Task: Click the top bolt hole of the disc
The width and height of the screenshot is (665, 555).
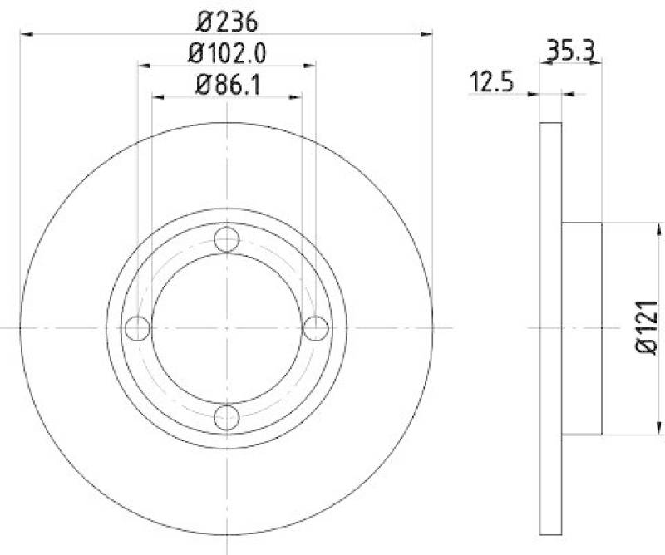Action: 226,241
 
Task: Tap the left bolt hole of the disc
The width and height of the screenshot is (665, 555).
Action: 138,328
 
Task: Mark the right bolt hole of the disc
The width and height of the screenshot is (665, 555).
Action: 314,328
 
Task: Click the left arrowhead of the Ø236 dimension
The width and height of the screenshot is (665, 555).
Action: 25,34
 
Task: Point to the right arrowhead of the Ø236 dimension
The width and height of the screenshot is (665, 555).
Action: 427,34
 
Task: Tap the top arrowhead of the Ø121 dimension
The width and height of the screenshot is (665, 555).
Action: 661,228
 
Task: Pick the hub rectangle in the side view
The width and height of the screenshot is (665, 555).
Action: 582,328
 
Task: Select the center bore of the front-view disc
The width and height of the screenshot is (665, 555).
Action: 226,328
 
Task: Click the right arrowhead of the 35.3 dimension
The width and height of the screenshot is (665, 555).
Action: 596,64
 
